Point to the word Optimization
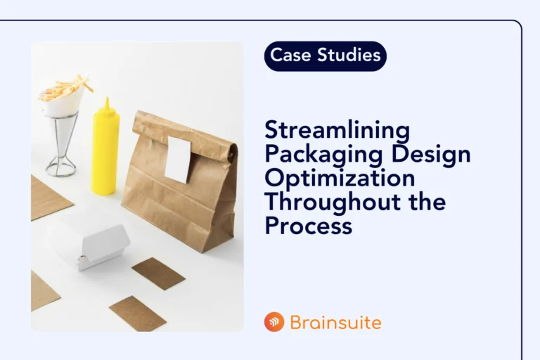coord(339,179)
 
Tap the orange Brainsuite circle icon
coord(274,323)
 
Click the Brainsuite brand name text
coord(335,323)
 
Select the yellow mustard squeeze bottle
coord(105,151)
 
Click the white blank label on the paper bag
coord(179,160)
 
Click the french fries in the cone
coord(65,89)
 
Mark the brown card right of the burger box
coord(158,273)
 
